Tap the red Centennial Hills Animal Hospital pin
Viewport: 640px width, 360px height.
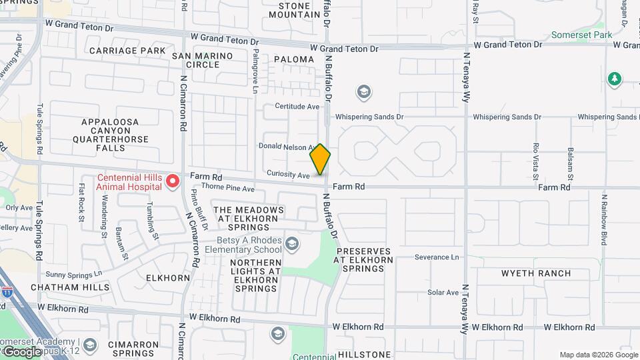click(x=173, y=181)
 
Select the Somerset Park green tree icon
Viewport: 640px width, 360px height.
click(x=614, y=80)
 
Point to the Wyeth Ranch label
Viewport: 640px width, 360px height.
click(x=536, y=273)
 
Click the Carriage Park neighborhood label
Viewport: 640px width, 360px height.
click(x=127, y=51)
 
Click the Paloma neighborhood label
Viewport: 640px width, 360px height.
click(x=294, y=59)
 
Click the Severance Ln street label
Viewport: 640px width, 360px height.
click(x=437, y=257)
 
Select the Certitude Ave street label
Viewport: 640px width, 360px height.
click(x=297, y=106)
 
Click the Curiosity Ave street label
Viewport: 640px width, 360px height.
click(x=288, y=175)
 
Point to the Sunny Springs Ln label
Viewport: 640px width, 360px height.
click(x=73, y=274)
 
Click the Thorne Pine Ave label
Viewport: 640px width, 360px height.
click(x=228, y=189)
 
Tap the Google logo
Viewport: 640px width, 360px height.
click(x=21, y=351)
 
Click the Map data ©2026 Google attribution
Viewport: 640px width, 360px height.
click(x=597, y=355)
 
